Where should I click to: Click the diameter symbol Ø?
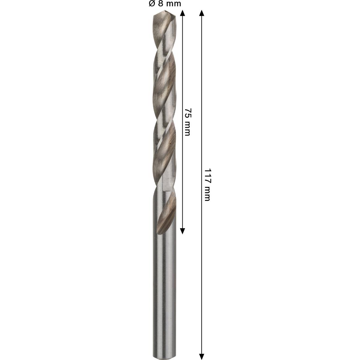(151, 4)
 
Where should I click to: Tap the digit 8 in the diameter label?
(160, 4)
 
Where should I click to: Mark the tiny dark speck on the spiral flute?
(170, 146)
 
